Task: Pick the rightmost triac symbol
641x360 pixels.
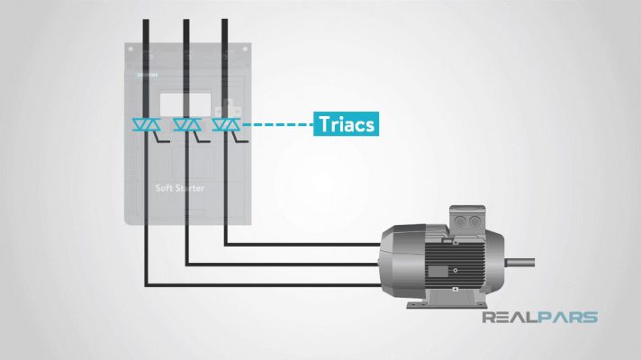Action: [223, 124]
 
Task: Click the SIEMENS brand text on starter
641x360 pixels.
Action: [146, 76]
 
